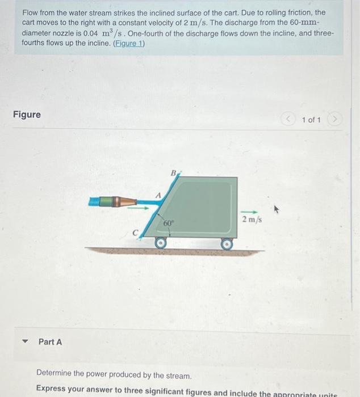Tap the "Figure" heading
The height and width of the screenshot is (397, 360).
click(x=27, y=115)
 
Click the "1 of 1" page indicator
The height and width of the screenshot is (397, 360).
click(x=311, y=120)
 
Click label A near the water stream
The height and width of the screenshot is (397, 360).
click(x=160, y=195)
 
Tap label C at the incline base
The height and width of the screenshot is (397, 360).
click(x=135, y=231)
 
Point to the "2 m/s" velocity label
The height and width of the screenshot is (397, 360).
click(x=250, y=219)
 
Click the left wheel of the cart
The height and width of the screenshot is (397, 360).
click(x=161, y=243)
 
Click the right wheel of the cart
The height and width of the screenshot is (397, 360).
click(x=227, y=243)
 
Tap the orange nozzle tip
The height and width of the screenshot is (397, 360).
click(x=128, y=201)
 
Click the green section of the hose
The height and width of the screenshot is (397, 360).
click(x=100, y=201)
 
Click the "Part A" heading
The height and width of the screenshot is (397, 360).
click(x=50, y=342)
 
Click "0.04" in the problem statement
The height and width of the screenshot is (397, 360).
click(x=91, y=33)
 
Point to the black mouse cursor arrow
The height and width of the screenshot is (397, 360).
click(x=277, y=210)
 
